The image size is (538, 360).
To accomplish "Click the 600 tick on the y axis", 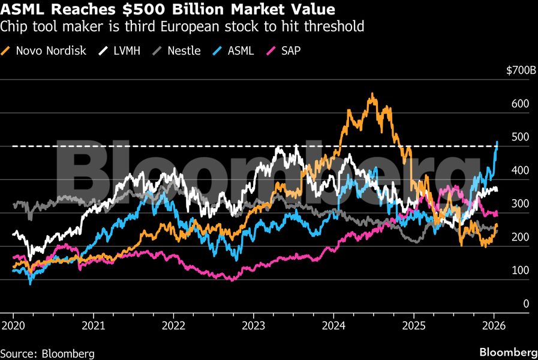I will click(521, 104).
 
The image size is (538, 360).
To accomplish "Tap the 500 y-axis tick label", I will click(521, 137).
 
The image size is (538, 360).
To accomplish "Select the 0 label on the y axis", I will click(526, 304).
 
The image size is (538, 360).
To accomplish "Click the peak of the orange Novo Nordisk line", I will click(372, 94).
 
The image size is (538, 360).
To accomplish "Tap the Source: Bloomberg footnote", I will click(47, 353).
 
